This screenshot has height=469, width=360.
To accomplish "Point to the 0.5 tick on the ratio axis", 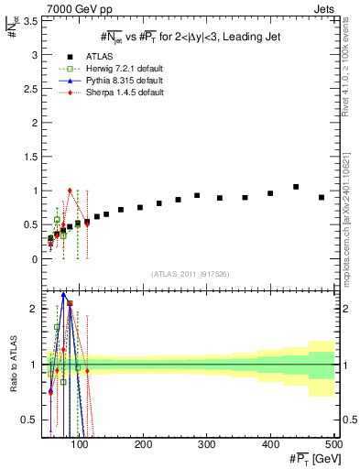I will pos(30,420).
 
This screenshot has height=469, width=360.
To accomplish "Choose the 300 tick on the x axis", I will pos(207,446).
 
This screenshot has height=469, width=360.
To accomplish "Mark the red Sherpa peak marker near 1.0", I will pos(70,191).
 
